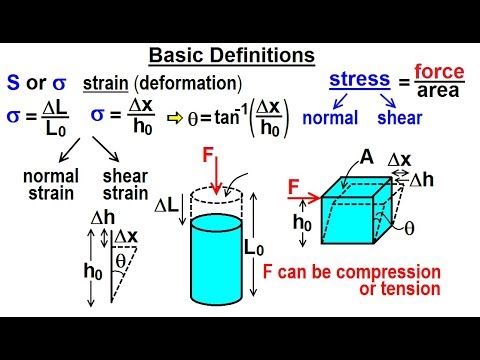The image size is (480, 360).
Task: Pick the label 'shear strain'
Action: pos(126,184)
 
